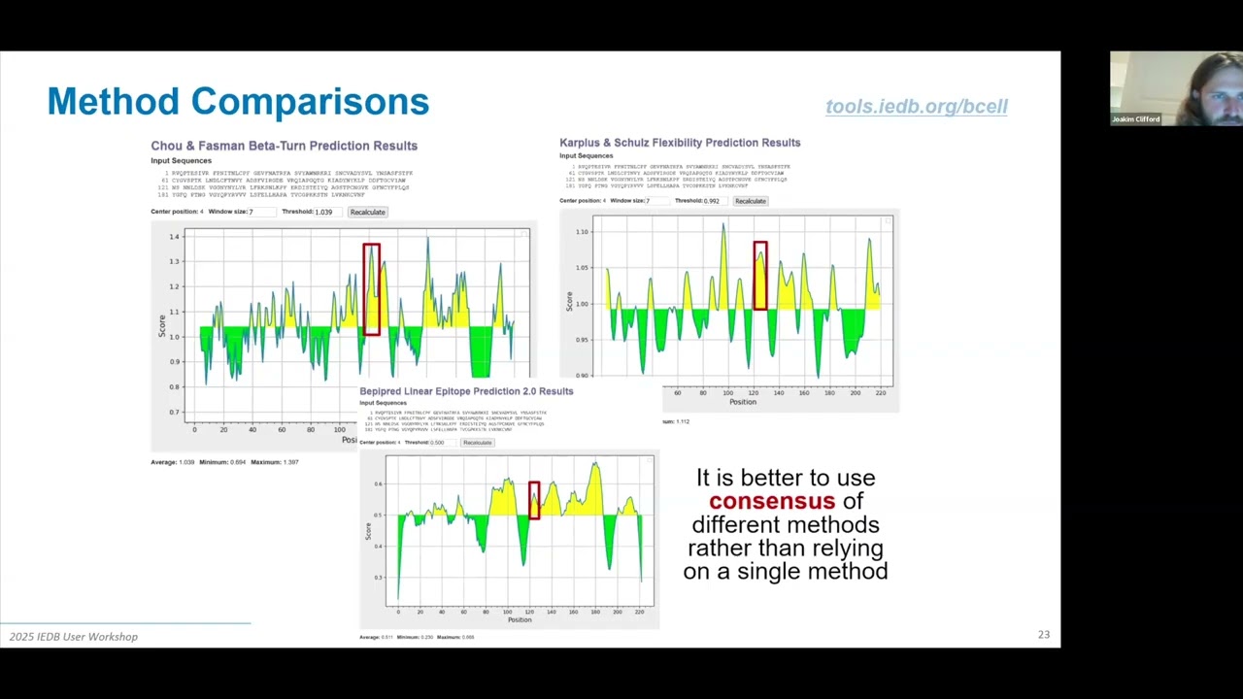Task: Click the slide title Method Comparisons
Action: click(x=238, y=101)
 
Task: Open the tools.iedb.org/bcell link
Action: click(x=916, y=107)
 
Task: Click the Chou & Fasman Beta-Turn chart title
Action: click(x=284, y=146)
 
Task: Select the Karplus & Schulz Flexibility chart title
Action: click(x=680, y=143)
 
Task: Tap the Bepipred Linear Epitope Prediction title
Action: click(x=466, y=391)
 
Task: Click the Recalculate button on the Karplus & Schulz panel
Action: click(x=751, y=201)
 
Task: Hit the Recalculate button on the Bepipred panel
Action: click(x=477, y=443)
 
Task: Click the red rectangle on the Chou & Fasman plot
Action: click(x=371, y=289)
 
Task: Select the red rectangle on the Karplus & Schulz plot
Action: click(x=759, y=277)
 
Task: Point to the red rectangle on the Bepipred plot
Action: click(x=534, y=500)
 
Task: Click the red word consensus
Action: click(x=771, y=501)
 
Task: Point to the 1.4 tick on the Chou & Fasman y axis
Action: click(x=174, y=237)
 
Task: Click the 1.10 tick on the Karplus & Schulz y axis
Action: click(x=582, y=231)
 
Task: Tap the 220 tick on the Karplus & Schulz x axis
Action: click(x=881, y=392)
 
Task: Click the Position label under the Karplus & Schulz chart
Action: click(x=743, y=402)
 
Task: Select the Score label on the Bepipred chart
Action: click(x=368, y=531)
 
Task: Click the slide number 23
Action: click(x=1044, y=635)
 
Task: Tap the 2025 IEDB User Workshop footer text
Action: click(x=74, y=637)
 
